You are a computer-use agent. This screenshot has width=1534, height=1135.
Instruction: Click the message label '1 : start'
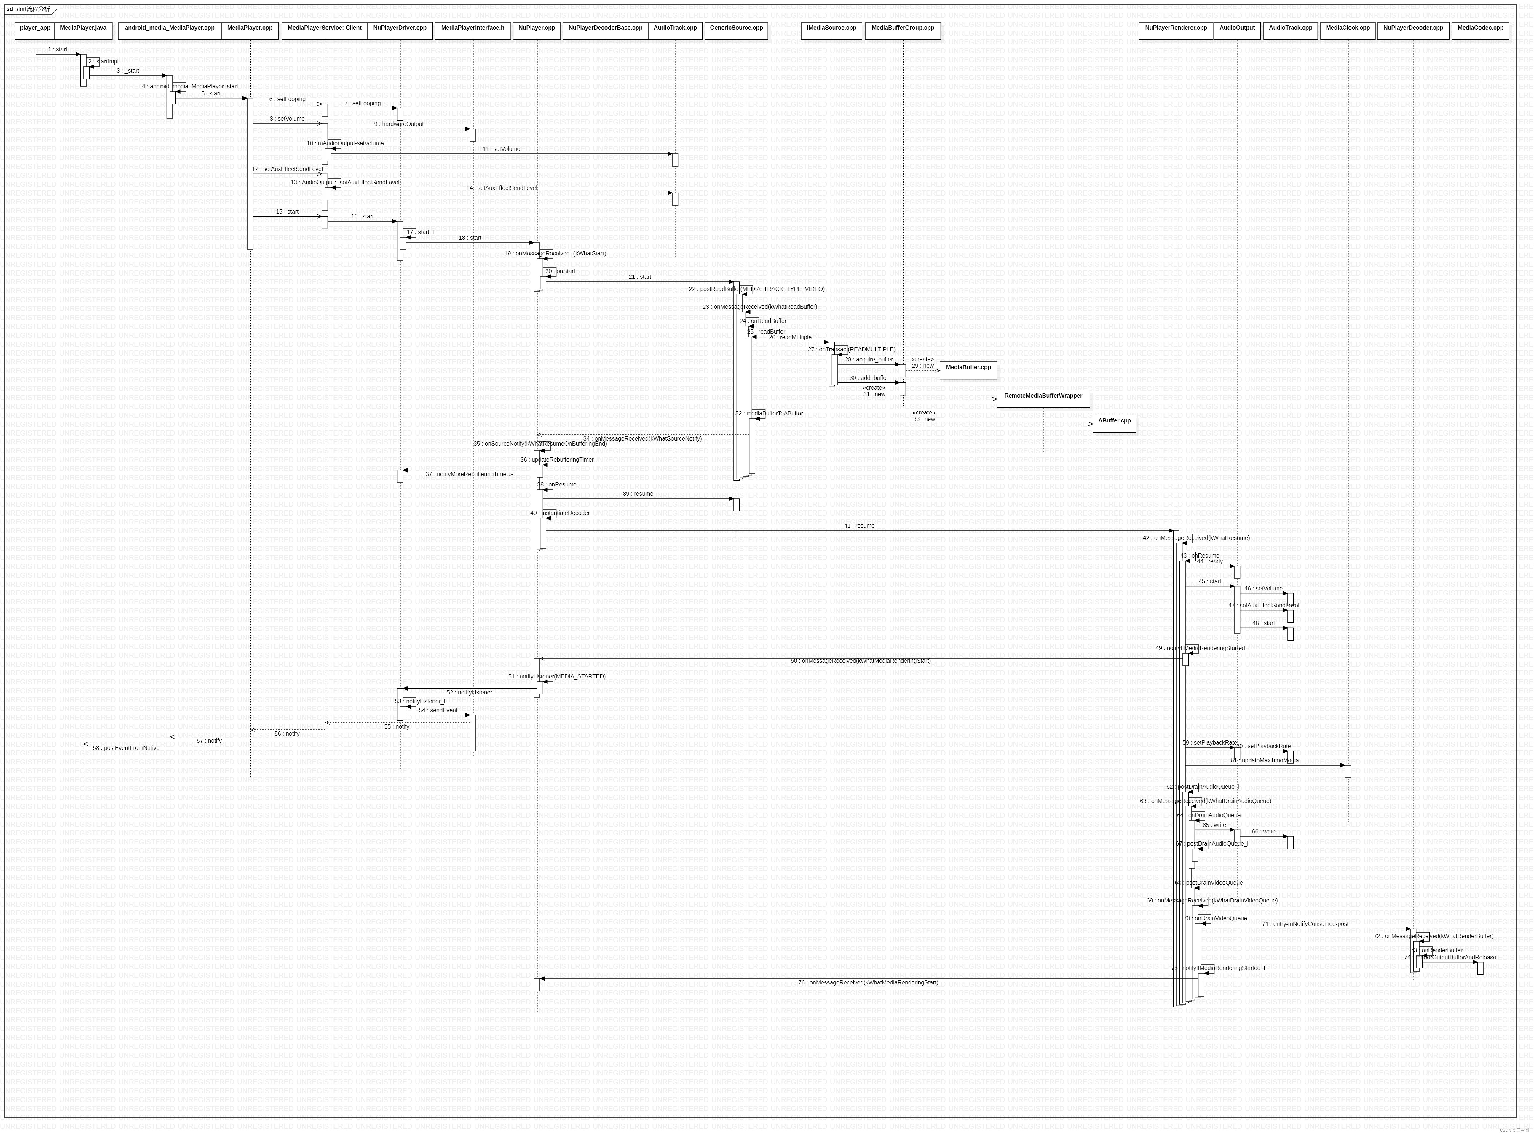(58, 49)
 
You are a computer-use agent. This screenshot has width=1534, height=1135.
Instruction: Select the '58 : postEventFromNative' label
(126, 748)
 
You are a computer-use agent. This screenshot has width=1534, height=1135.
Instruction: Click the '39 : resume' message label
(638, 494)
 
